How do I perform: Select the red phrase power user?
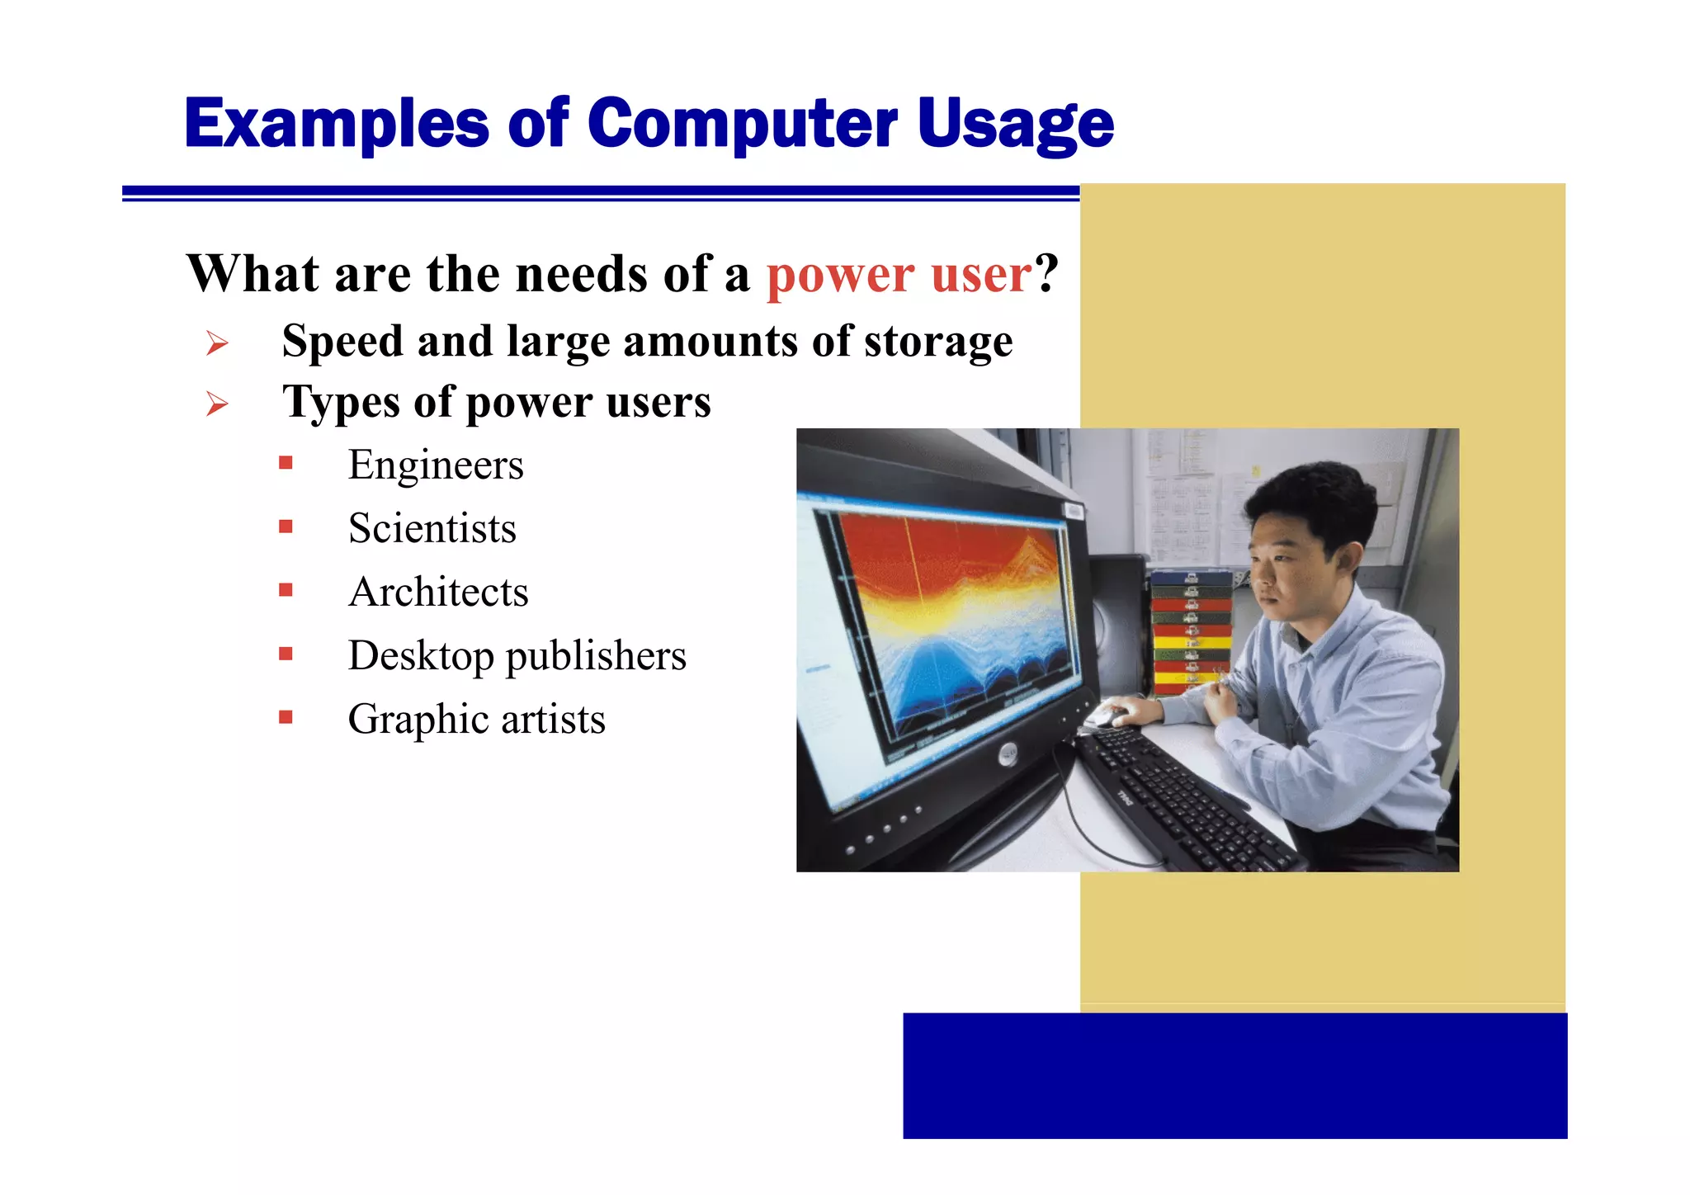click(898, 275)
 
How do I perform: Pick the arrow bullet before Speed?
click(217, 343)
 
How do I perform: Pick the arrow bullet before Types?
click(217, 404)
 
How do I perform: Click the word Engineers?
click(436, 465)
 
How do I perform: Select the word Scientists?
click(432, 528)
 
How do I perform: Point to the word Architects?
click(438, 592)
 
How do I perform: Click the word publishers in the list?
click(595, 656)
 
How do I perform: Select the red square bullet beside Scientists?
click(286, 527)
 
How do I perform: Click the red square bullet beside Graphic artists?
click(286, 717)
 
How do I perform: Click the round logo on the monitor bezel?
click(1008, 754)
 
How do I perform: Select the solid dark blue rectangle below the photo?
click(1234, 1075)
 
